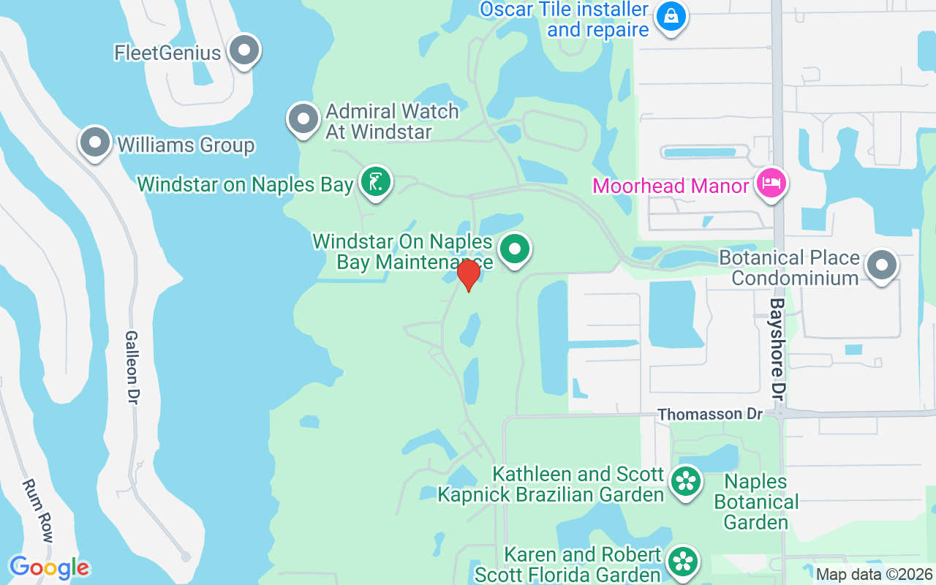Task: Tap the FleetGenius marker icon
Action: tap(244, 51)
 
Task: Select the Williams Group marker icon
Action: tap(95, 143)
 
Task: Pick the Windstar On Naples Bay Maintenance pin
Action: tap(516, 249)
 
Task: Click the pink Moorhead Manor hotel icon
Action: tap(771, 183)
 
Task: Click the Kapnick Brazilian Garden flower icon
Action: tap(686, 482)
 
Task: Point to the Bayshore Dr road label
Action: tap(778, 348)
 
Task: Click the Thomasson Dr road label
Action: tap(709, 415)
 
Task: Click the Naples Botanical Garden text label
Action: tap(756, 502)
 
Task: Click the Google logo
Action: tap(50, 567)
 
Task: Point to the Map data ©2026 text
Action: tap(875, 574)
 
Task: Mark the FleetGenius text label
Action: tap(167, 53)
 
